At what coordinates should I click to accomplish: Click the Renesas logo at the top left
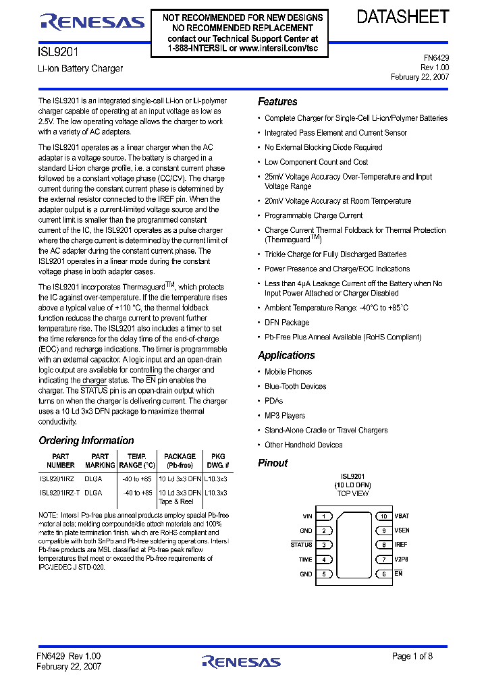(x=92, y=22)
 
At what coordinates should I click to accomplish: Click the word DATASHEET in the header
(x=402, y=18)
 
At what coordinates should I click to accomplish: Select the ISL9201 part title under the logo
(x=54, y=51)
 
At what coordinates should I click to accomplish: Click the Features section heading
(x=277, y=102)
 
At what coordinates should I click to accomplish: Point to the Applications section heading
(x=286, y=356)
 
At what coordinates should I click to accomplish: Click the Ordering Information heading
(x=86, y=441)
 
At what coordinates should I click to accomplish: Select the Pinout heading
(x=273, y=463)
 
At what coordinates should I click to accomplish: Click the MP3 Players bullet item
(x=284, y=416)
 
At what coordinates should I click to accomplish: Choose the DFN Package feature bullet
(x=286, y=323)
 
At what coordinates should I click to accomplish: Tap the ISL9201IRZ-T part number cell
(x=60, y=493)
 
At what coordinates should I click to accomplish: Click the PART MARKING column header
(x=100, y=461)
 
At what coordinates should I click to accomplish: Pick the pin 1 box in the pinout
(x=324, y=516)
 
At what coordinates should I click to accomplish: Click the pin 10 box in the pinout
(x=383, y=516)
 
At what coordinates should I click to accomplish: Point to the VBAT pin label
(x=402, y=516)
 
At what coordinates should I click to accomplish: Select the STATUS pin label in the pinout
(x=301, y=545)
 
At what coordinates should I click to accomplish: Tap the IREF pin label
(x=401, y=545)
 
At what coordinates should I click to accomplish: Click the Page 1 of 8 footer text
(x=421, y=656)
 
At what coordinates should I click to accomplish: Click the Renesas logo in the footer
(x=242, y=661)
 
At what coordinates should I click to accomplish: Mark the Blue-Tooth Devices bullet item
(x=295, y=387)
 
